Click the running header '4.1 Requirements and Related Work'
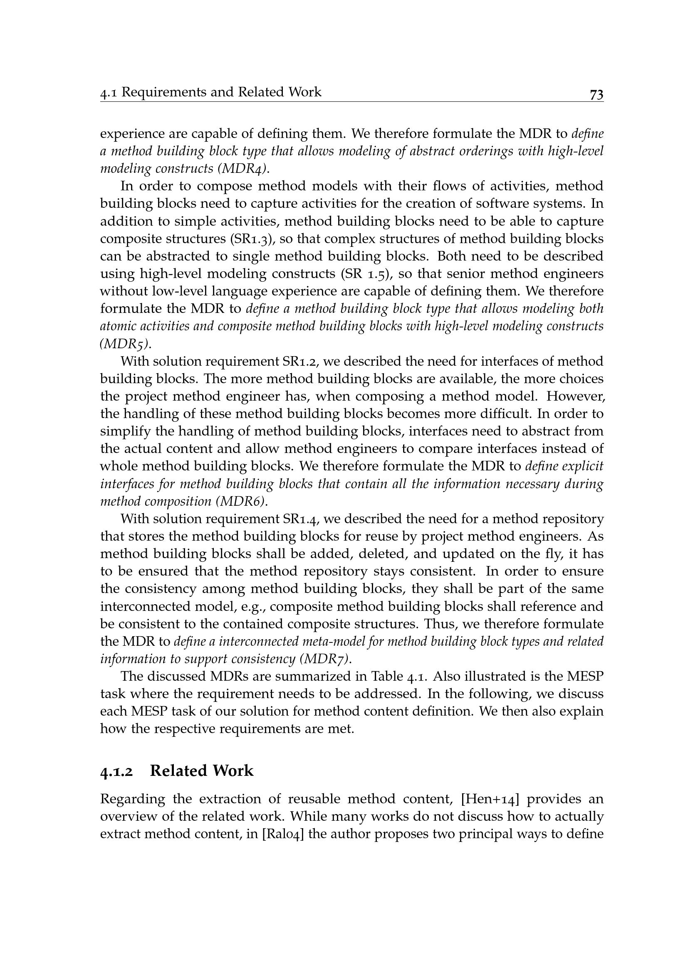click(x=210, y=92)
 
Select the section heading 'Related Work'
click(x=202, y=770)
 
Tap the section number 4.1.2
click(x=116, y=771)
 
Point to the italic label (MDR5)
click(x=125, y=344)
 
